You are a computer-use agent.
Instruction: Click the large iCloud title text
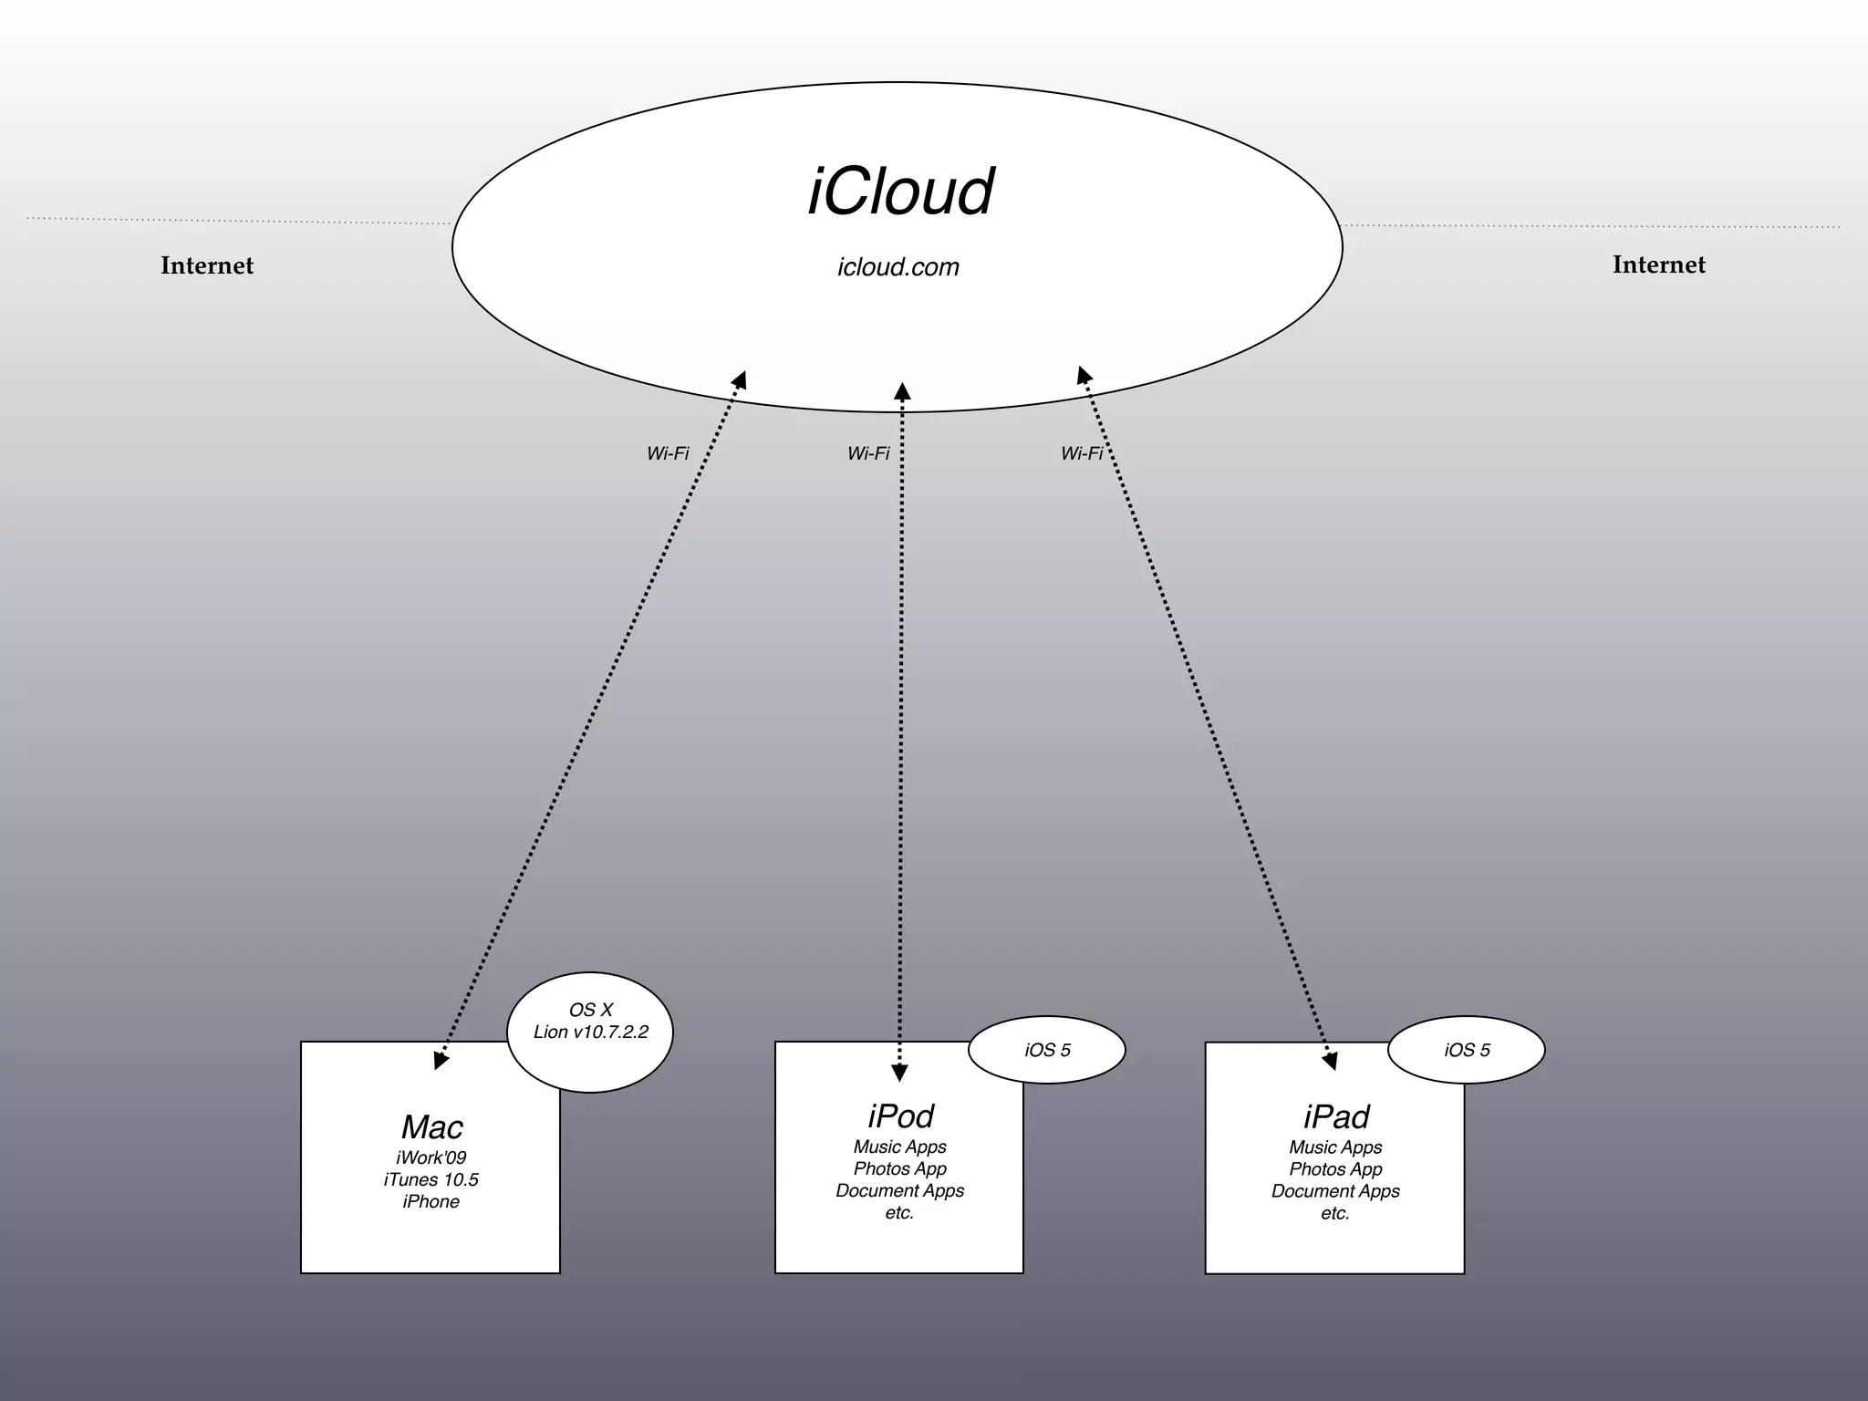tap(900, 192)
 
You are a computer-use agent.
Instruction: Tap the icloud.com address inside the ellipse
tap(898, 267)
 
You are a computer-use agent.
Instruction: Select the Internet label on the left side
tap(207, 265)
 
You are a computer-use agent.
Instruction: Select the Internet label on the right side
tap(1658, 265)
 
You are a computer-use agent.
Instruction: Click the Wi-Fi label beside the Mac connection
tap(668, 453)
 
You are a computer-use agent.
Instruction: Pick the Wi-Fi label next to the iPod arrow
tap(868, 453)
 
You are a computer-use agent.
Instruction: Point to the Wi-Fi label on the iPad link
tap(1082, 453)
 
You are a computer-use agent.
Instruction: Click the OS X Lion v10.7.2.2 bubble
tap(590, 1032)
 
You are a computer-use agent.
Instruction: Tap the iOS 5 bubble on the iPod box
tap(1047, 1050)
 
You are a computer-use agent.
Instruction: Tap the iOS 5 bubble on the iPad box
tap(1467, 1050)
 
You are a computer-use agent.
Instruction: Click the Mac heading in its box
tap(431, 1127)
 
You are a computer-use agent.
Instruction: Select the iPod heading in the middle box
tap(900, 1116)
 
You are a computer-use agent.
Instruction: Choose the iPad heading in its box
tap(1336, 1117)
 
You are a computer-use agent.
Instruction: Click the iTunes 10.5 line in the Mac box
tap(431, 1179)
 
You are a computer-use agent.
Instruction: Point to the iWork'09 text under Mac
tap(431, 1157)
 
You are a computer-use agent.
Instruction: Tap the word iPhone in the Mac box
tap(431, 1201)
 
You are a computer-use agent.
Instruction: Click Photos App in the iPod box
tap(900, 1168)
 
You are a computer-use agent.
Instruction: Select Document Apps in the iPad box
tap(1335, 1191)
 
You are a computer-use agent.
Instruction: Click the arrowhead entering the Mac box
tap(441, 1060)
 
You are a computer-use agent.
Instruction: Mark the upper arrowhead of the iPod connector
tap(902, 392)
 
